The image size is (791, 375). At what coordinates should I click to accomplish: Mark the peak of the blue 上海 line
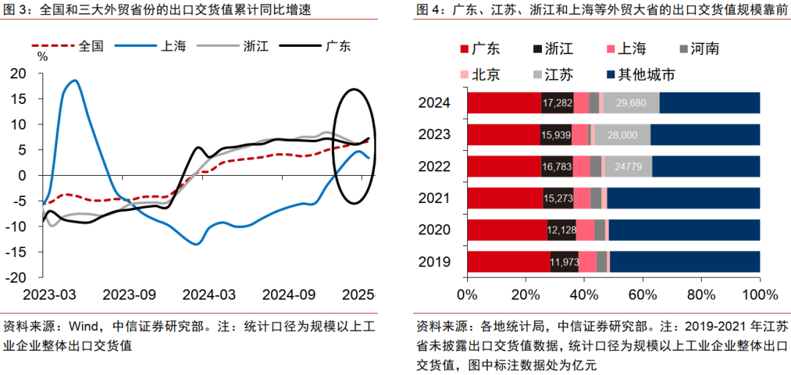(74, 81)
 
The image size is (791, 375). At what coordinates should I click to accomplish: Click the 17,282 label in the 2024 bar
(557, 103)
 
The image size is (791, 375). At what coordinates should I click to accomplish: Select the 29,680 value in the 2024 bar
(631, 103)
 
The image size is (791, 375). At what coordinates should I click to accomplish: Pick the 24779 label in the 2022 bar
(628, 166)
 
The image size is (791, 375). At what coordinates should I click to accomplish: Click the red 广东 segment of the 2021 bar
(505, 198)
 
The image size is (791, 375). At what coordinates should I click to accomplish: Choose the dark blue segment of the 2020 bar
(684, 230)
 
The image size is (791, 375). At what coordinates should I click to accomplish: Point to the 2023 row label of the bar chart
(434, 135)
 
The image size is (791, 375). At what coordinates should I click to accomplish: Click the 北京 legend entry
(486, 74)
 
